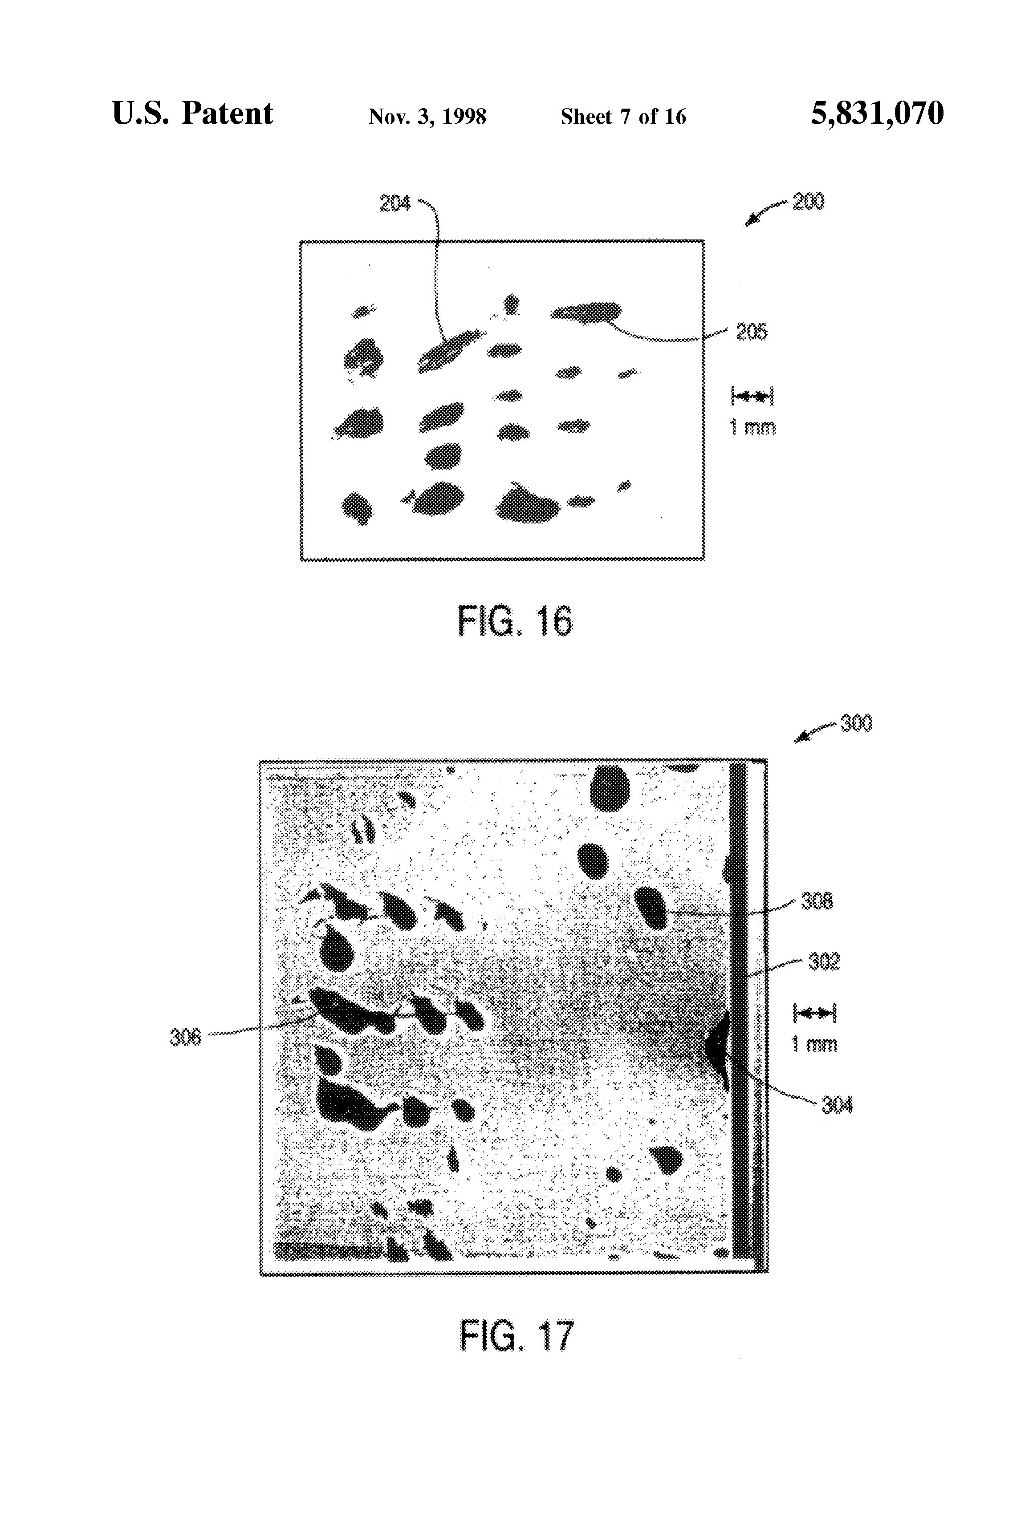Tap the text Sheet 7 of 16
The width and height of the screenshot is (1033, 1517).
pos(623,117)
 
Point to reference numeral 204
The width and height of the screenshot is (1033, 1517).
pos(394,204)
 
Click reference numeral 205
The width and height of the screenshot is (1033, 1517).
pos(752,332)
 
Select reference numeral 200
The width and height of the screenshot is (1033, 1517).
pos(809,201)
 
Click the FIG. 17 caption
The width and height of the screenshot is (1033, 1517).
pos(516,1335)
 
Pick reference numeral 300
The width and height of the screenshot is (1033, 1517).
pos(856,723)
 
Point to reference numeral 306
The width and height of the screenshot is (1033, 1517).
pos(185,1037)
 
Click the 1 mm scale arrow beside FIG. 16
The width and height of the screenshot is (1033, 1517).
pos(752,396)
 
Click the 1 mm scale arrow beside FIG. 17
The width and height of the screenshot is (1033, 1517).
pos(813,1014)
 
